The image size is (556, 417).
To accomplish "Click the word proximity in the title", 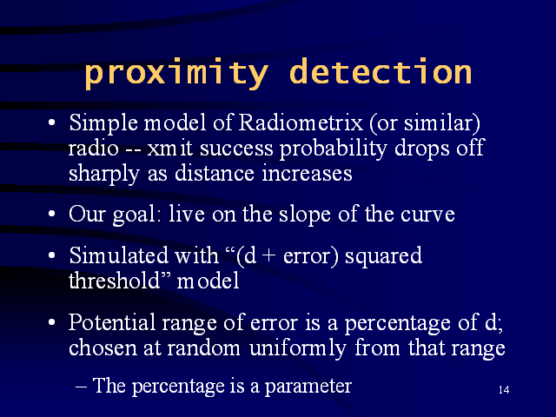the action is [176, 74].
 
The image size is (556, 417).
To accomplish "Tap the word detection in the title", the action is [381, 71].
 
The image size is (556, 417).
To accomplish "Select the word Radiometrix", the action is [301, 122].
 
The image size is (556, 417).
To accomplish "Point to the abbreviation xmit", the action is [170, 149].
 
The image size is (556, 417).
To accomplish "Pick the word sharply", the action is [104, 175].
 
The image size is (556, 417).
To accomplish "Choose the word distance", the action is [215, 174].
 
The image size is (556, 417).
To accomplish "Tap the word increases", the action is [307, 174].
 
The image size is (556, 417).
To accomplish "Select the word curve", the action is [427, 215].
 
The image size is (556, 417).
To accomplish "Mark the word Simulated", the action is [118, 255].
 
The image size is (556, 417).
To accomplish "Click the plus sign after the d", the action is [269, 256].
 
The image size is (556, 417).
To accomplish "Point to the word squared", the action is [384, 256].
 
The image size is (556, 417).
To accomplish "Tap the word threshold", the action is [114, 281].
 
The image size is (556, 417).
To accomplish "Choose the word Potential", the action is [112, 322].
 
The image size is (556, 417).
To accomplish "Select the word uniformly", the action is [298, 348].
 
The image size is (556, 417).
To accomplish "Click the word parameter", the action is [308, 387].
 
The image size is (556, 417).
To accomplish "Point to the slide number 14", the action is [504, 390].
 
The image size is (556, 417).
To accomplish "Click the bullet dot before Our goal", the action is [52, 215].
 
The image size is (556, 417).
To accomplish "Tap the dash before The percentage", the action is [81, 387].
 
